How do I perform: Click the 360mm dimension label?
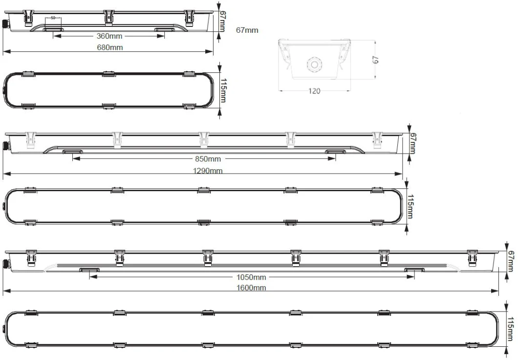109,37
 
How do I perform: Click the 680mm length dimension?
110,47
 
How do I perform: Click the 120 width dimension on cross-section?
315,91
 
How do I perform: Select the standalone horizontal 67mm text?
247,30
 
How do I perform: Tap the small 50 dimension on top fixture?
53,18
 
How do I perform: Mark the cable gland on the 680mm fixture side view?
5,23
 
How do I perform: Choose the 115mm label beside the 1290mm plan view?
410,206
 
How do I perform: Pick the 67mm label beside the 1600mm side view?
511,262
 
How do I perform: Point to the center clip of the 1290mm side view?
204,139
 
